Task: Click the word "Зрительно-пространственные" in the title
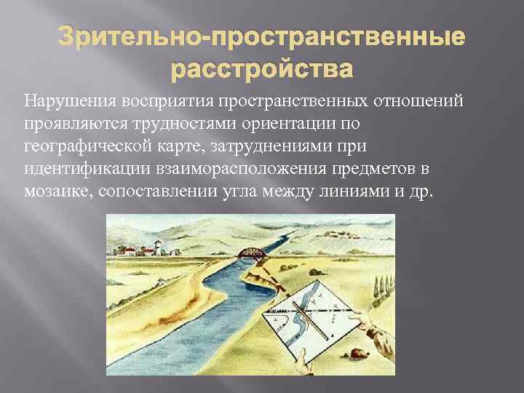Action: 261,37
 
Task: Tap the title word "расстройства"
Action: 261,71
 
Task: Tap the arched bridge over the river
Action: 248,254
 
